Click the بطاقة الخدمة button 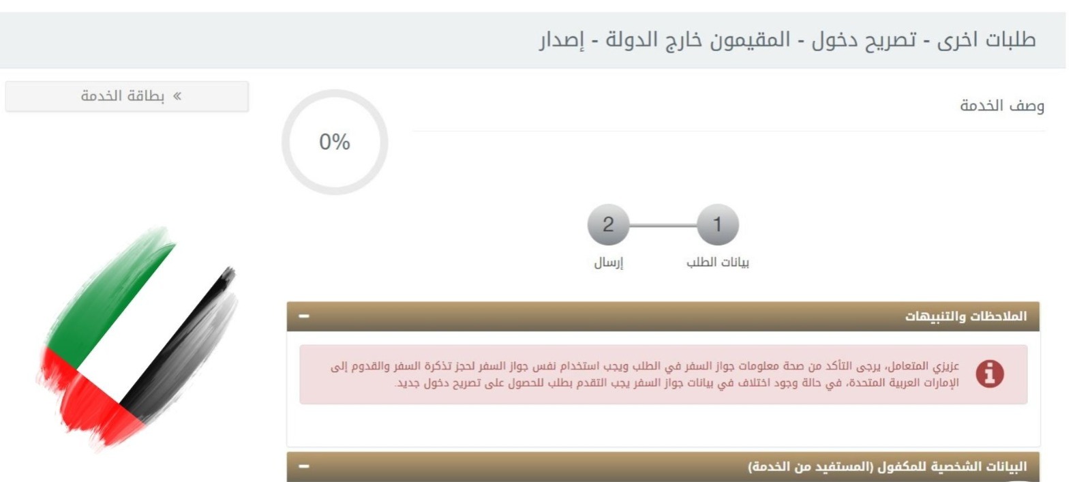pyautogui.click(x=127, y=96)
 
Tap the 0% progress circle pyautogui.click(x=335, y=142)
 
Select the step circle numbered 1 pyautogui.click(x=717, y=224)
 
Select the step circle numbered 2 pyautogui.click(x=608, y=224)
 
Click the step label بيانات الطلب pyautogui.click(x=717, y=262)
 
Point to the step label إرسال pyautogui.click(x=608, y=262)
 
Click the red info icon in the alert pyautogui.click(x=989, y=374)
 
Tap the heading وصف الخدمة pyautogui.click(x=1001, y=106)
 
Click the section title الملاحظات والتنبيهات pyautogui.click(x=965, y=316)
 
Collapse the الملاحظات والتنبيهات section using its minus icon pyautogui.click(x=304, y=316)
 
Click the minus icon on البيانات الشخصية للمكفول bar pyautogui.click(x=304, y=466)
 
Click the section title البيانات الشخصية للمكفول pyautogui.click(x=887, y=466)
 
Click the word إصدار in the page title pyautogui.click(x=562, y=40)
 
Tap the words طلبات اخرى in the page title pyautogui.click(x=996, y=40)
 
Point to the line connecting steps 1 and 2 pyautogui.click(x=663, y=225)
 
